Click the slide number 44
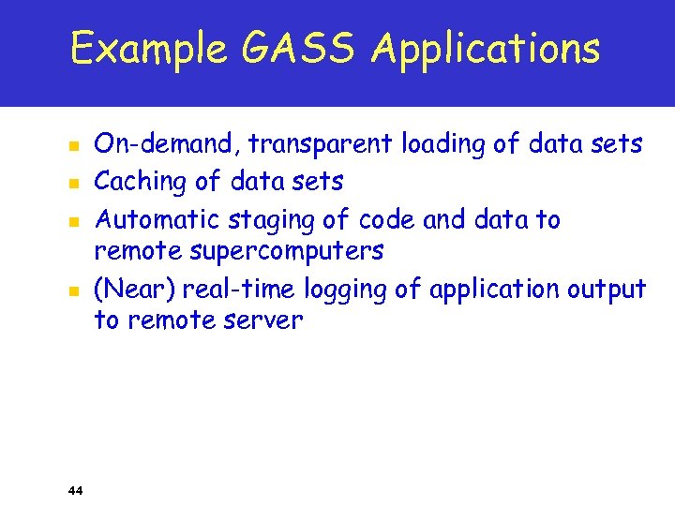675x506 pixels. pyautogui.click(x=76, y=489)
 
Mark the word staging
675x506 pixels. pyautogui.click(x=262, y=221)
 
